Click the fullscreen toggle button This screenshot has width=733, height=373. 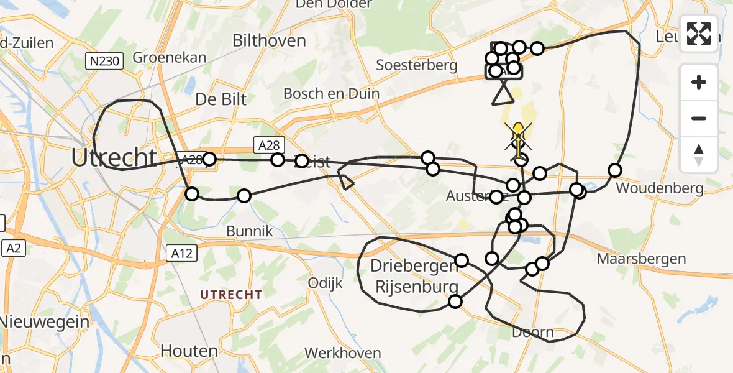[x=699, y=34]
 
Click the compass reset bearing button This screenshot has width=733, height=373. [x=699, y=154]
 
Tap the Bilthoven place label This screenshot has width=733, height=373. [x=269, y=41]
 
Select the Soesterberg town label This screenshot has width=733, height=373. [x=416, y=65]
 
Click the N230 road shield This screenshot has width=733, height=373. [x=104, y=61]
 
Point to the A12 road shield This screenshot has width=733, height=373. [x=182, y=253]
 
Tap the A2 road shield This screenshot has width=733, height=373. [x=13, y=249]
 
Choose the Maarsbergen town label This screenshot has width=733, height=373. [x=641, y=258]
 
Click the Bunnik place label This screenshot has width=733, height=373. [x=250, y=231]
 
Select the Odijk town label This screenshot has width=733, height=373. [x=326, y=283]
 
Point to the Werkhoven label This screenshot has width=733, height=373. [x=342, y=353]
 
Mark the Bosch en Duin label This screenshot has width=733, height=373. [x=331, y=93]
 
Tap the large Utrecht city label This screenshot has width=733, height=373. [x=113, y=158]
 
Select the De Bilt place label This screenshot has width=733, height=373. [x=221, y=99]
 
